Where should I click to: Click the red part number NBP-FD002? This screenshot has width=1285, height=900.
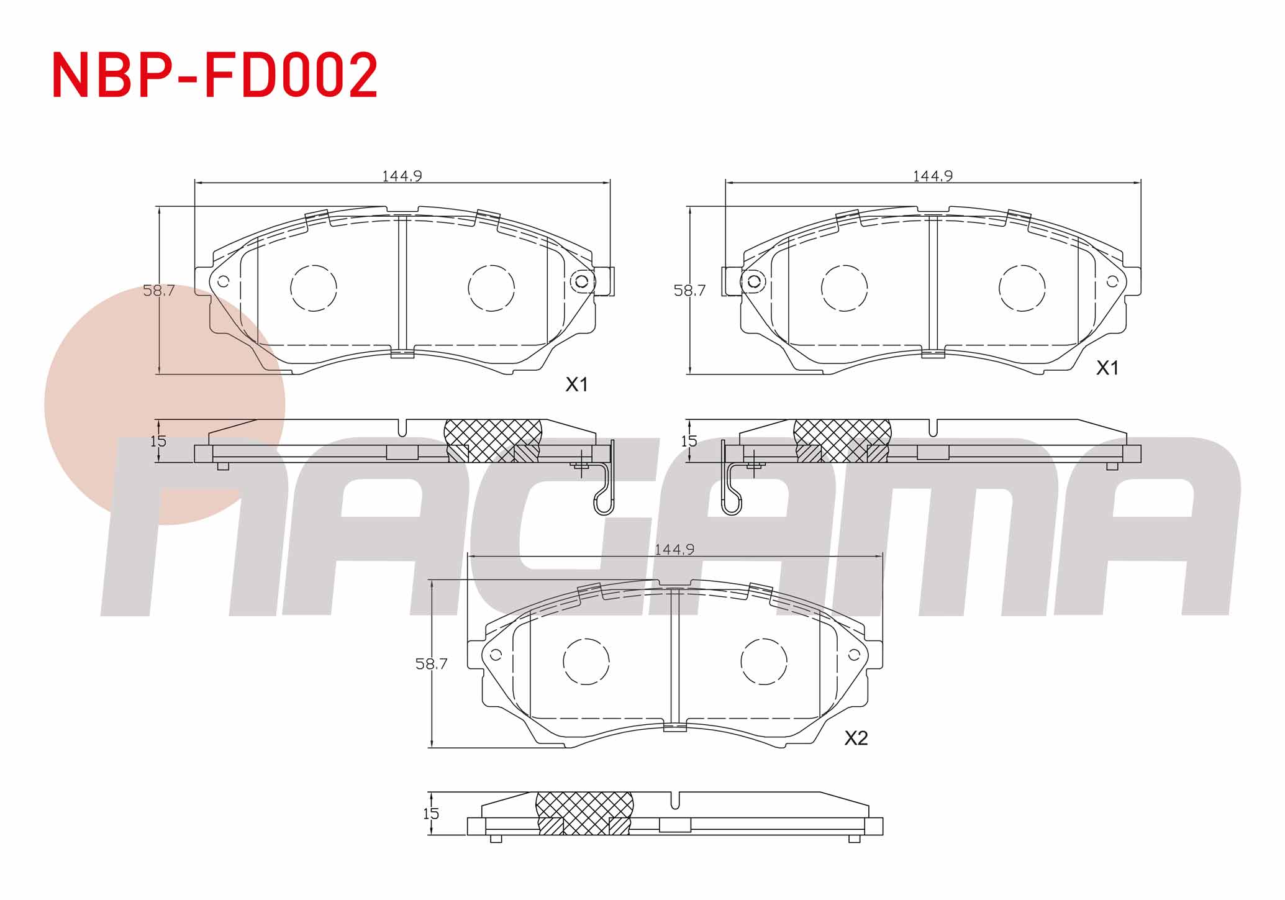[x=215, y=76]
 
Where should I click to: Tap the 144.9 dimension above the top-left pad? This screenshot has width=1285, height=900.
[x=402, y=176]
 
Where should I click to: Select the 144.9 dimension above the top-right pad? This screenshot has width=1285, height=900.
[x=933, y=176]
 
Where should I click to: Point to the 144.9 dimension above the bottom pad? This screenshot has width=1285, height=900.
[x=674, y=550]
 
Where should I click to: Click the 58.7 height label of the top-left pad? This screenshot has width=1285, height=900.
[x=159, y=290]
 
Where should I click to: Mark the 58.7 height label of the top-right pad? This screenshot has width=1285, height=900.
[x=690, y=290]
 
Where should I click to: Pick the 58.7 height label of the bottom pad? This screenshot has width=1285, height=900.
[x=432, y=664]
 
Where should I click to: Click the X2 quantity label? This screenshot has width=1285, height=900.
[x=856, y=738]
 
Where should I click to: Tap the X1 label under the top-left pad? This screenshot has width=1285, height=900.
[x=576, y=385]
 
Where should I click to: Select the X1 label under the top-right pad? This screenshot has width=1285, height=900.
[x=1107, y=368]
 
